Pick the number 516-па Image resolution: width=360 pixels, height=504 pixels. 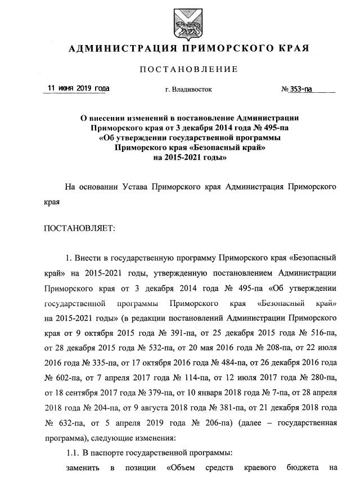tap(320, 334)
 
